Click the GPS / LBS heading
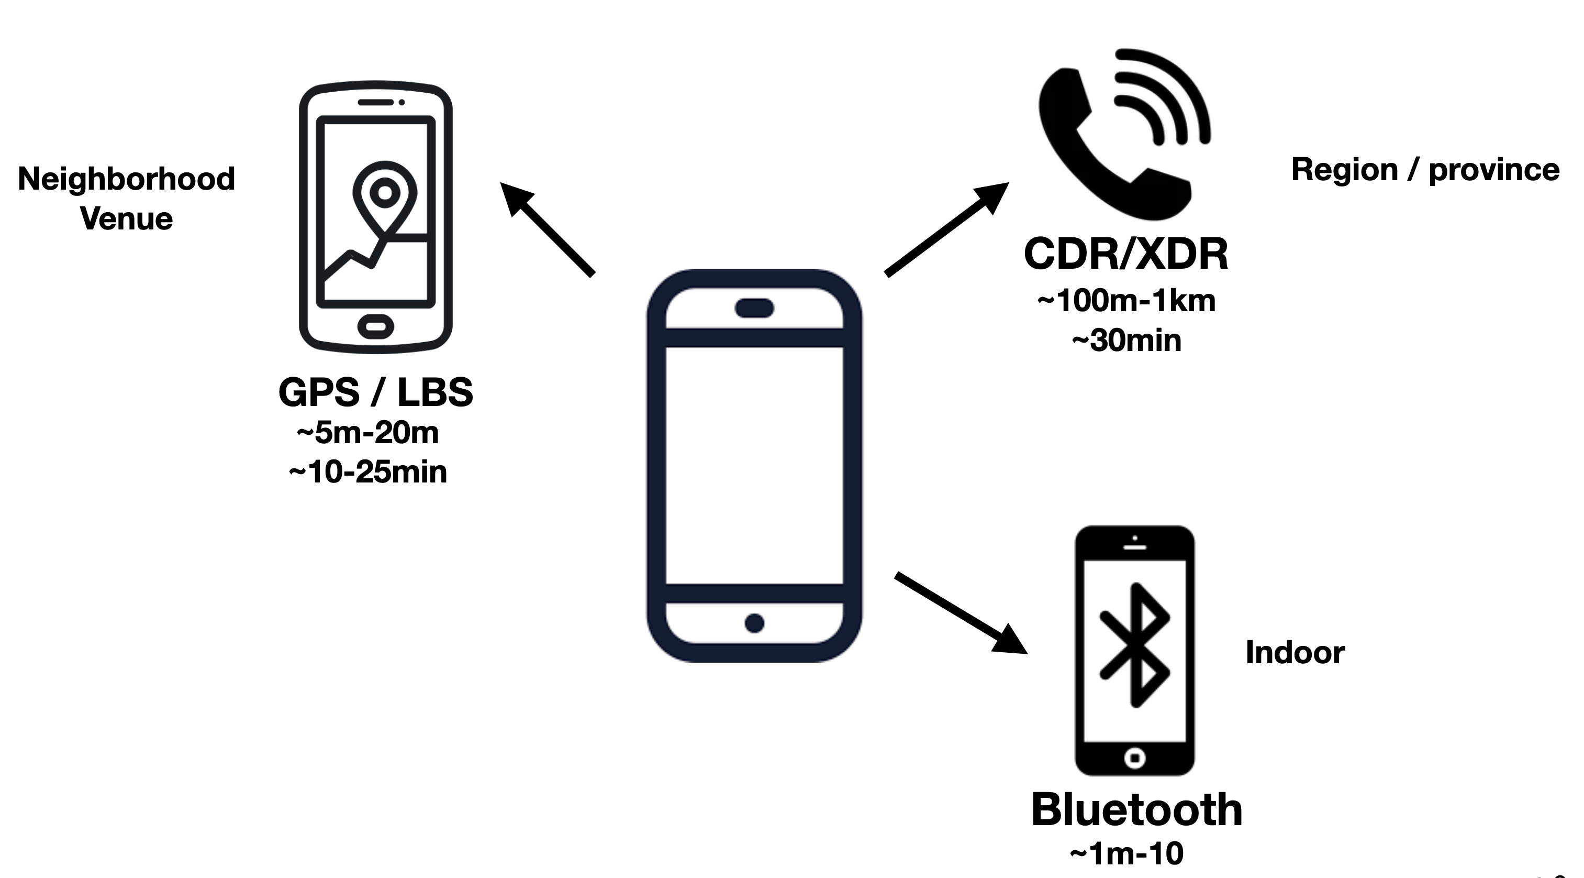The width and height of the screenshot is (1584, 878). click(376, 392)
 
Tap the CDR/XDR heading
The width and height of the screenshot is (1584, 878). click(1126, 254)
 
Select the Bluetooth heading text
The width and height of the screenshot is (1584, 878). click(1136, 810)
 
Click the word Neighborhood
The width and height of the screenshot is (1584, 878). click(127, 179)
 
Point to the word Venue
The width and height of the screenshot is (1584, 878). click(127, 219)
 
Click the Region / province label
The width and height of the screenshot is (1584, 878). click(1425, 169)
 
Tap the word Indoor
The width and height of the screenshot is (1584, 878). click(1295, 652)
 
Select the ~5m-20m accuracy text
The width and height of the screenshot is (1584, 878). click(367, 433)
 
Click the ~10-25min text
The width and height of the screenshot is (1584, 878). click(367, 473)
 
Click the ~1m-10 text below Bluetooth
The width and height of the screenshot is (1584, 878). click(1126, 854)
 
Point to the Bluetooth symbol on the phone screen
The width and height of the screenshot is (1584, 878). click(1135, 644)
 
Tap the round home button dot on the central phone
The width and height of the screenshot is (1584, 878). click(754, 623)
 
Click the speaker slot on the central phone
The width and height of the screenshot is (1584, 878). click(754, 308)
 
